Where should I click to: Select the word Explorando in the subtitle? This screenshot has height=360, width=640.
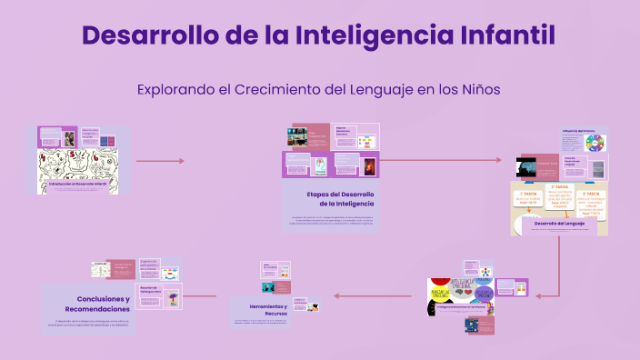(x=178, y=90)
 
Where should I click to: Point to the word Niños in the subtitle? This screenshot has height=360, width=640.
(x=477, y=90)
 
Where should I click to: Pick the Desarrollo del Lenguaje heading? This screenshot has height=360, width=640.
(x=558, y=223)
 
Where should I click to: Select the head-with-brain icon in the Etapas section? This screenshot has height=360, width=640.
(x=320, y=167)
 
